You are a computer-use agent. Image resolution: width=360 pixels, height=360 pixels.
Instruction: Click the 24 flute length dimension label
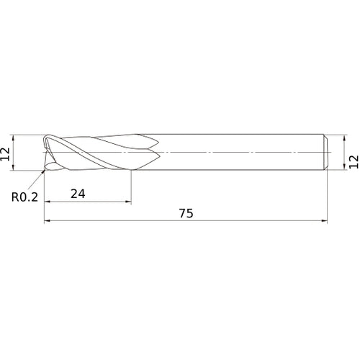point(78,194)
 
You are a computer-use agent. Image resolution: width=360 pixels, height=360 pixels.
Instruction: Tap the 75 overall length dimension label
point(186,213)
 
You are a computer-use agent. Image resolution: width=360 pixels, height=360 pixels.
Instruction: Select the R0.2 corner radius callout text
point(24,197)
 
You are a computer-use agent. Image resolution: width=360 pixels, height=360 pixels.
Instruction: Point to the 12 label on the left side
point(5,154)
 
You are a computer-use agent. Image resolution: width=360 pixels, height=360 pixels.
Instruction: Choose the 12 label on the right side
point(354,162)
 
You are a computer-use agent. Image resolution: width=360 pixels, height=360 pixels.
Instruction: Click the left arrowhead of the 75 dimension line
point(48,220)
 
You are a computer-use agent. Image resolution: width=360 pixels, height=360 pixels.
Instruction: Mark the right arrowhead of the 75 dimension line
point(324,220)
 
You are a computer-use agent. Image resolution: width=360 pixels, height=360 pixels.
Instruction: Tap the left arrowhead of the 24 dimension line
point(48,202)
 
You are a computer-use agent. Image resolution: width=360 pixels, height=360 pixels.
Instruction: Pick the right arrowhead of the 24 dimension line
point(128,202)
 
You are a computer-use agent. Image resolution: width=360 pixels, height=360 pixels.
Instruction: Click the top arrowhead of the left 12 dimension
point(13,138)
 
